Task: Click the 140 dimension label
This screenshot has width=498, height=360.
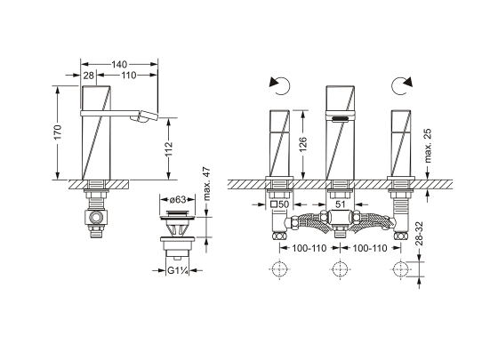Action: tap(119, 64)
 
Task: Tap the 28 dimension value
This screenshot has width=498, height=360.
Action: tap(89, 76)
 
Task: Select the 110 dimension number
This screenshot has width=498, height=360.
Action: tap(128, 76)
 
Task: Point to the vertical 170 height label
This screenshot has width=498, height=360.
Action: tap(58, 132)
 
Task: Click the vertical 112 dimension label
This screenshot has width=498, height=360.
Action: tap(169, 148)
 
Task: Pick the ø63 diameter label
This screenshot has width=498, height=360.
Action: tap(177, 200)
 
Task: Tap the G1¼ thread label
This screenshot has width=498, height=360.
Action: tap(178, 271)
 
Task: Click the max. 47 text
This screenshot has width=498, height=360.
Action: tap(206, 184)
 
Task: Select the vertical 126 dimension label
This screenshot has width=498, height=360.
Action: tap(303, 144)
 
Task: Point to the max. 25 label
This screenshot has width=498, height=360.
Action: tap(428, 146)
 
